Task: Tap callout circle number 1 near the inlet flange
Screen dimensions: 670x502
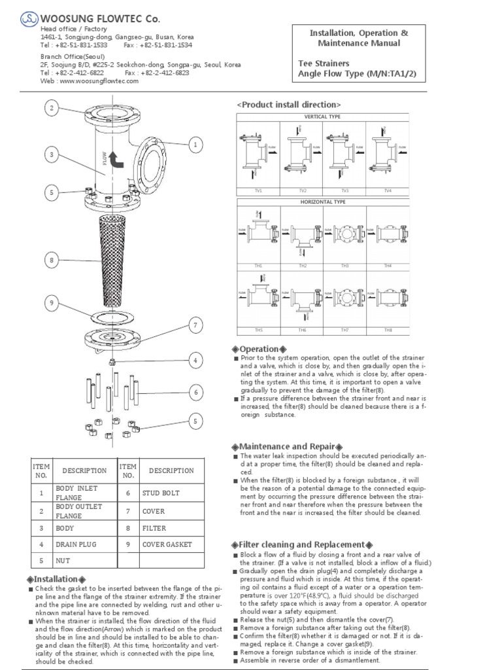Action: tap(194, 144)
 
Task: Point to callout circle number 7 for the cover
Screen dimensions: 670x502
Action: tap(194, 325)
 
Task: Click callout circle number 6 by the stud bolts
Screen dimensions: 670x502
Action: tap(194, 392)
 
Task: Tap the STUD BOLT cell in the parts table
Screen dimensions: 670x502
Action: tap(161, 493)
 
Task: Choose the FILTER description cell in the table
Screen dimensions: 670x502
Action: tap(154, 528)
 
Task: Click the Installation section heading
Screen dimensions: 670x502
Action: tap(56, 580)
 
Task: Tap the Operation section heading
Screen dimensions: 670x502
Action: tap(259, 349)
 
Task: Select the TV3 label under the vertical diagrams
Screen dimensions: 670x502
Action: tap(344, 190)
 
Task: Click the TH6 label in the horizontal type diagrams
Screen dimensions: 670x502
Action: tap(303, 330)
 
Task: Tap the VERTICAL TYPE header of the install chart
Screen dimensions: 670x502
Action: tap(323, 116)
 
